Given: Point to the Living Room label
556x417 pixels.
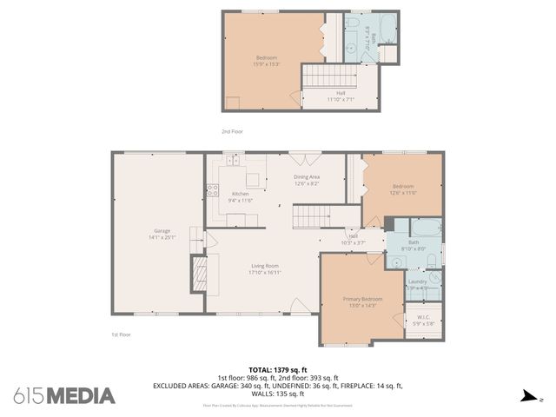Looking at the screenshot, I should [264, 268].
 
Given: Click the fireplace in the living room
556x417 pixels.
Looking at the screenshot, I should [199, 276].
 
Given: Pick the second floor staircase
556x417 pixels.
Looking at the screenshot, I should [318, 76].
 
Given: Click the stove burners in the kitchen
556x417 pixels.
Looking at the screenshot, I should [212, 190].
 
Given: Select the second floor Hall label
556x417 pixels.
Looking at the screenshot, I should [341, 96].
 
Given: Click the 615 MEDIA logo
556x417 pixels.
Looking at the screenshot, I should [64, 395].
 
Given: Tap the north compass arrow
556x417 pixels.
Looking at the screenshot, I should [527, 396].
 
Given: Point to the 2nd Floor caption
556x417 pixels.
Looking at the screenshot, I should [232, 131].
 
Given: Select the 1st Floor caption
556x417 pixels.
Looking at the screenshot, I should [121, 334].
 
